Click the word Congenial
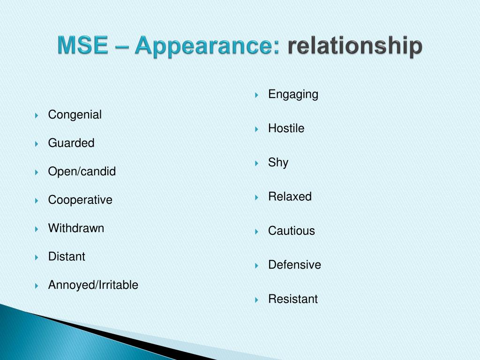point(75,115)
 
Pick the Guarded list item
point(71,143)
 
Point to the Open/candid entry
point(82,172)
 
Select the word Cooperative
point(80,200)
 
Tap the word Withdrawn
point(76,228)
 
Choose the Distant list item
point(67,257)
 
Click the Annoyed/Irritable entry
point(93,285)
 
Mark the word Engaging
point(293,95)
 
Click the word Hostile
point(286,128)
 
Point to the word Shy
point(278,163)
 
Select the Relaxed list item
point(290,197)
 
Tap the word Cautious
point(292,231)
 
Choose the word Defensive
point(294,265)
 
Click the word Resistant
point(293,299)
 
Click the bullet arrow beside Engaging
point(257,95)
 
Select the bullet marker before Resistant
point(257,300)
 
